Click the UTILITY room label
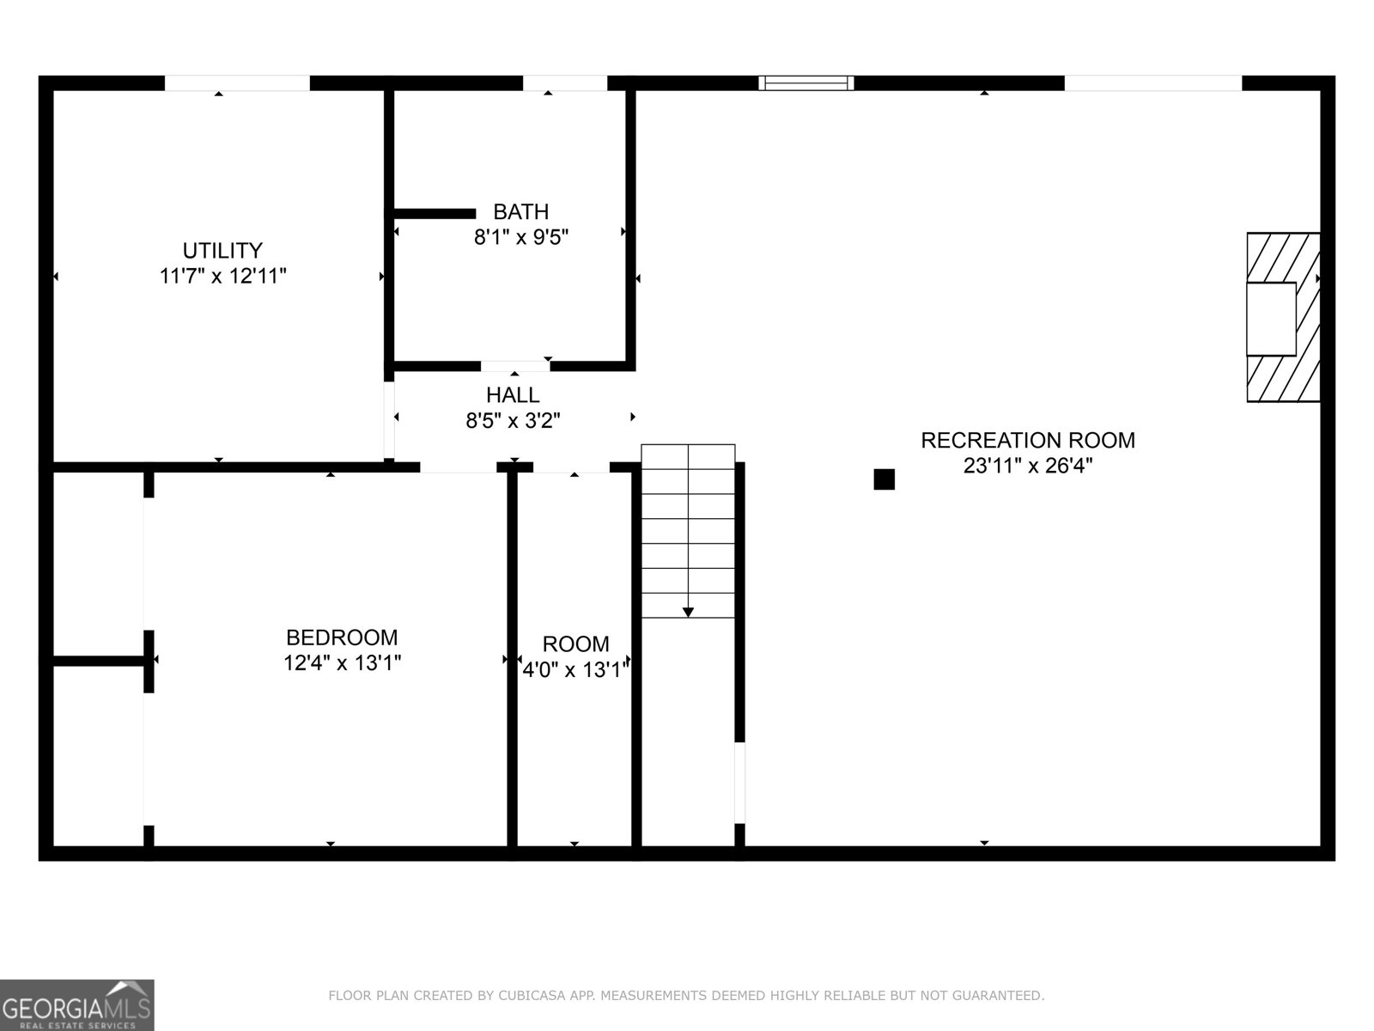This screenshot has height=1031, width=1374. (222, 250)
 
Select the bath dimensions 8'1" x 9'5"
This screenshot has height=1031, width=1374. (521, 237)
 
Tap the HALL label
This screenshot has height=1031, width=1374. (513, 395)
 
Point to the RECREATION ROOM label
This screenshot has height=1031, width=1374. (1027, 440)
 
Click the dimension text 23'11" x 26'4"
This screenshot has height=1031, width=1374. (1027, 466)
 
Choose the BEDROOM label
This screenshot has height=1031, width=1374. (342, 638)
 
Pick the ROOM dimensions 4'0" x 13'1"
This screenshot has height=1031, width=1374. (576, 669)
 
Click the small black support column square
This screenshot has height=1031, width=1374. (884, 479)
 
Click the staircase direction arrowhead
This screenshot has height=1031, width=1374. (688, 612)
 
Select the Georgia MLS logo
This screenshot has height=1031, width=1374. (76, 1004)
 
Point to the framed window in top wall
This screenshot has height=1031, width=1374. (806, 83)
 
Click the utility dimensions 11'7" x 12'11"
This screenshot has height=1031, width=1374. (222, 276)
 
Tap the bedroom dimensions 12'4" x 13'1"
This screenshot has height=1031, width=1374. (342, 663)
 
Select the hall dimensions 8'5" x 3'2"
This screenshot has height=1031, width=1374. (513, 421)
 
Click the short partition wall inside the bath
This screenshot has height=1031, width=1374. (435, 213)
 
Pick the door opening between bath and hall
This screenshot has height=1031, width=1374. (515, 366)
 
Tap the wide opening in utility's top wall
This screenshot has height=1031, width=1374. (237, 83)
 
